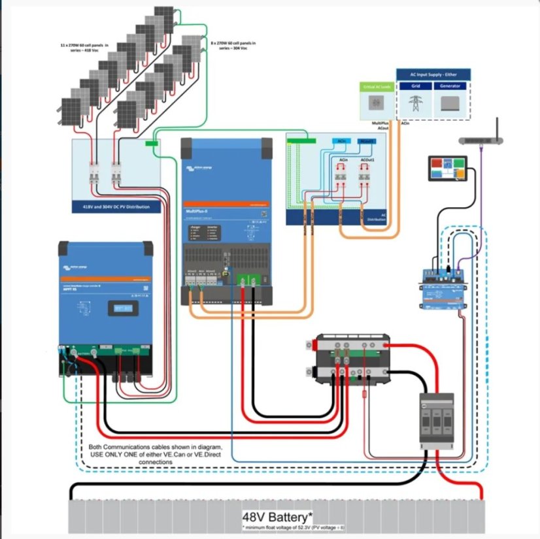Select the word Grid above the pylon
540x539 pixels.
point(416,86)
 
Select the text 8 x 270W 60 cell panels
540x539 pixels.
point(234,44)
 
